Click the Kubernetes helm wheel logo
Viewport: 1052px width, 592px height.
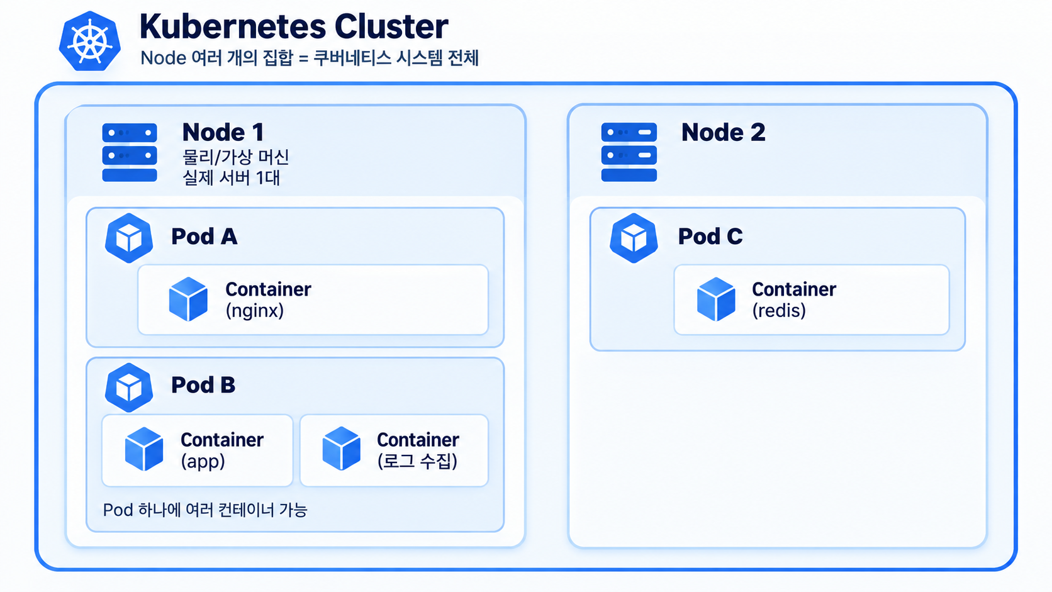coord(90,42)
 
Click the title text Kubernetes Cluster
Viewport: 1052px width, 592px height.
coord(294,26)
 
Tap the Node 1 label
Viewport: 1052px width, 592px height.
coord(223,132)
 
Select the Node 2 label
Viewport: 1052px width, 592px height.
coord(724,132)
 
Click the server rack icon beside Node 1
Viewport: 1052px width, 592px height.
coord(130,152)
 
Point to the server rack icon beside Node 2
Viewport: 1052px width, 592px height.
coord(629,152)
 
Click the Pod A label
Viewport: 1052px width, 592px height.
coord(204,236)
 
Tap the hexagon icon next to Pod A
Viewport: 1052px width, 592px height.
coord(129,238)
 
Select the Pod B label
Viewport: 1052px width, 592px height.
coord(203,385)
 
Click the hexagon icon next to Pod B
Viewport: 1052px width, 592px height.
coord(129,388)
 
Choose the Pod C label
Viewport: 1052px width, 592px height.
coord(710,236)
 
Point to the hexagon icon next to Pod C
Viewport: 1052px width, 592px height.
coord(634,238)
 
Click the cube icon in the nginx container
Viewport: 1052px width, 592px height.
coord(188,299)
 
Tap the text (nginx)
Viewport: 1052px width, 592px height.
coord(255,311)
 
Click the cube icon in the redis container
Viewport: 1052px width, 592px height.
coord(716,299)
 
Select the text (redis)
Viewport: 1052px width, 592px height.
coord(779,311)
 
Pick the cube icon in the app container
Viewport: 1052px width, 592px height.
coord(144,449)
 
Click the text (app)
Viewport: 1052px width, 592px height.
coord(203,462)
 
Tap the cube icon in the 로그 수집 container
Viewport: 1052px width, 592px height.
coord(342,449)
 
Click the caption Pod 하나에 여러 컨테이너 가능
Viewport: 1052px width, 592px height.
coord(204,510)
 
